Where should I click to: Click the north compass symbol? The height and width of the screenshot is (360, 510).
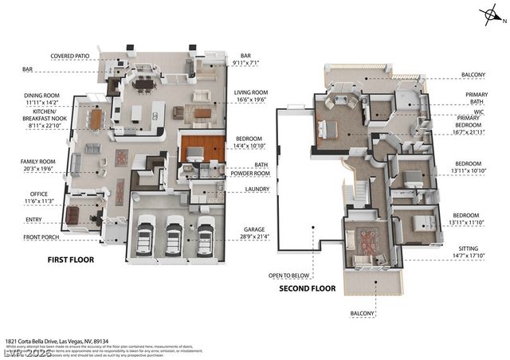pyautogui.click(x=488, y=14)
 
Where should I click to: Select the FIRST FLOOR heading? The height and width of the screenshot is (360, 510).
pyautogui.click(x=69, y=260)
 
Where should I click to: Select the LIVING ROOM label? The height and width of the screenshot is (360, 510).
pyautogui.click(x=252, y=93)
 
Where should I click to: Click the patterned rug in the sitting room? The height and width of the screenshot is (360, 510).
pyautogui.click(x=370, y=237)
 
